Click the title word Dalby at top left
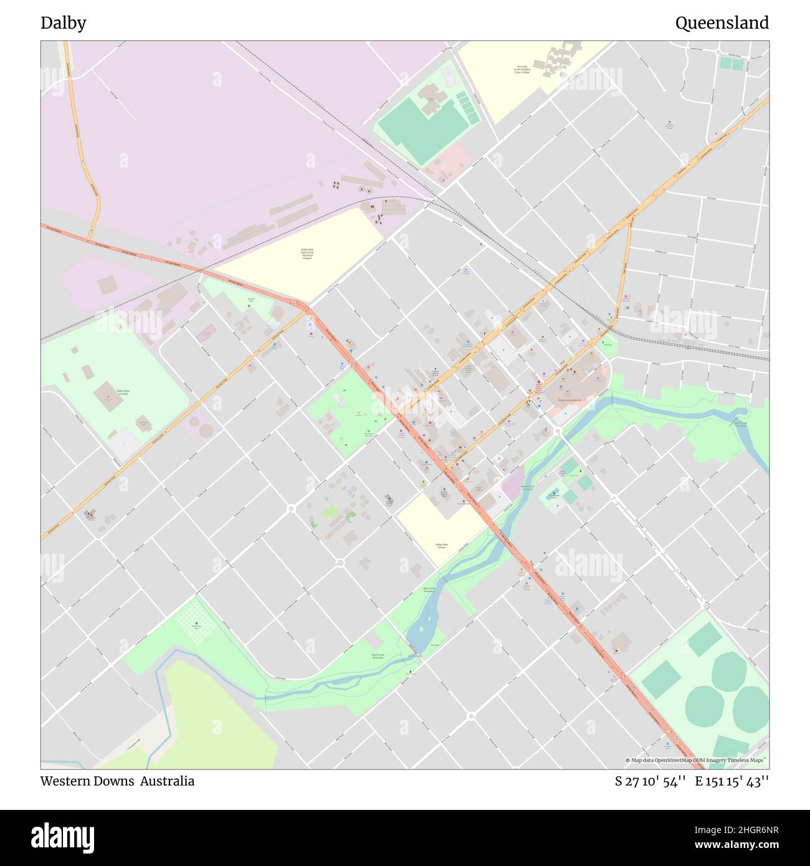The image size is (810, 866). point(64,23)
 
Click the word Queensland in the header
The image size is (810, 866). point(722,23)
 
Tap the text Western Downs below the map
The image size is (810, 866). point(87,781)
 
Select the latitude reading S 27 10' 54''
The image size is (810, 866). point(650,781)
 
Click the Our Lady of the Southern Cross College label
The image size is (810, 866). point(522,70)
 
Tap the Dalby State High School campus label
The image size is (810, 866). point(307,254)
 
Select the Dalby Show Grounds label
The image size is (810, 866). point(123,393)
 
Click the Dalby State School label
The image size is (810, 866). point(441,545)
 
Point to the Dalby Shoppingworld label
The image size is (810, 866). point(569,400)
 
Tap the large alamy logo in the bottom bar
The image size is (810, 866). point(63,837)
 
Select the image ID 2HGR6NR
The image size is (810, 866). point(747,829)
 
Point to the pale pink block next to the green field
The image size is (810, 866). point(447,161)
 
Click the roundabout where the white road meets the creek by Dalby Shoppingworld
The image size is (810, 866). point(558,431)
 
